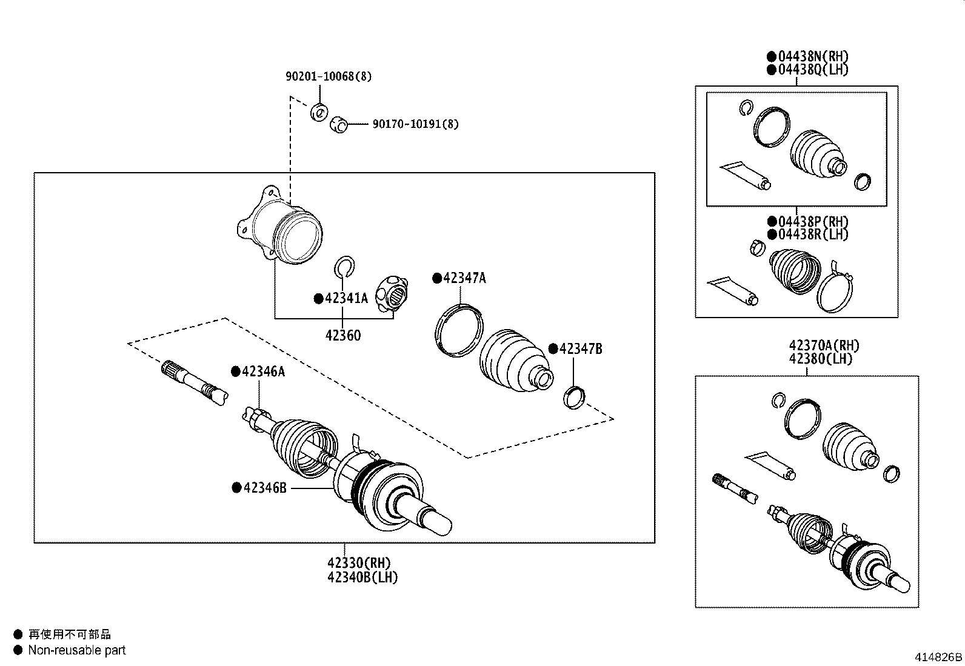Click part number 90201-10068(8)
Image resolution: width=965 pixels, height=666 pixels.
(329, 76)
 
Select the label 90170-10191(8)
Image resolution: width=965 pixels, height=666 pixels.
(415, 124)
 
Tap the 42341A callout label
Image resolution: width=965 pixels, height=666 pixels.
(346, 298)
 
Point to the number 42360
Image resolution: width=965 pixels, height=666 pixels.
(342, 335)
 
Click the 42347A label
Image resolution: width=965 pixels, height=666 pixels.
(464, 278)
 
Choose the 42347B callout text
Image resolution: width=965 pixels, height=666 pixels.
(580, 348)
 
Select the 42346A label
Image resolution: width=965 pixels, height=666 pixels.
(263, 371)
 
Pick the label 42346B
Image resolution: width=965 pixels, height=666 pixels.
(264, 487)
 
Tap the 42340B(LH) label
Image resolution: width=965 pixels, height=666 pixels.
(362, 577)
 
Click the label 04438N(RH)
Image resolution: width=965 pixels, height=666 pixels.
(813, 56)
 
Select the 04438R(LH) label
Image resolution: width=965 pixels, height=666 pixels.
(813, 235)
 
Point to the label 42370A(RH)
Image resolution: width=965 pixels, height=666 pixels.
(824, 345)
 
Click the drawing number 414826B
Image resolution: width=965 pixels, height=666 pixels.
(938, 657)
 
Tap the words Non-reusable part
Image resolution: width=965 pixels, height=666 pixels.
(77, 650)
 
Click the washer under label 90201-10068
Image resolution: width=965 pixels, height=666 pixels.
(319, 112)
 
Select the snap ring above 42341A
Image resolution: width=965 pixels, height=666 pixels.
(344, 266)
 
